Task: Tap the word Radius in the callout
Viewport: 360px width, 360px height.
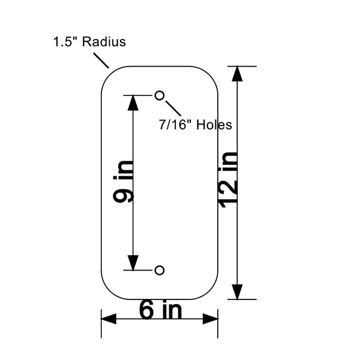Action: [104, 42]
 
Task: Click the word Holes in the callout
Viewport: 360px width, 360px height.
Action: [214, 125]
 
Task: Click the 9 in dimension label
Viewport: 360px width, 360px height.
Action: [123, 182]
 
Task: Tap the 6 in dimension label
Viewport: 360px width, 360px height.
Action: [160, 310]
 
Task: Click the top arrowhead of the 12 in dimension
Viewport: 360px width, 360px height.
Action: [237, 74]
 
